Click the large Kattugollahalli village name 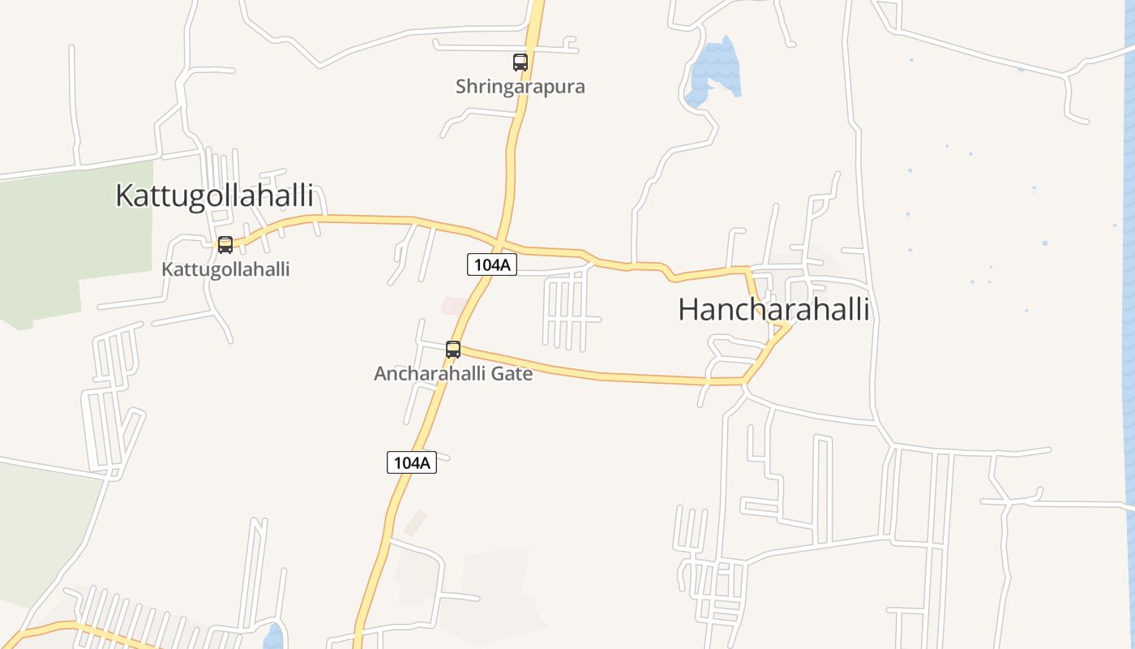tap(214, 196)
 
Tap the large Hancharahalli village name tap(773, 309)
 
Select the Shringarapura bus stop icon tap(520, 62)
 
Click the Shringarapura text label tap(520, 86)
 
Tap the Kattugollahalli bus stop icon tap(225, 244)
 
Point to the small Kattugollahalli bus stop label tap(225, 269)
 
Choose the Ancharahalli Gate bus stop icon tap(453, 350)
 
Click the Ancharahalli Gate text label tap(452, 374)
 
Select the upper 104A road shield tap(492, 264)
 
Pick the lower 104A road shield tap(412, 462)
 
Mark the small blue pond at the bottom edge tap(274, 636)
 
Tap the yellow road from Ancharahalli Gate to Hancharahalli tap(600, 374)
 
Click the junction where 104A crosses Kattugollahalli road tap(498, 245)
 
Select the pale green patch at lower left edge tap(41, 527)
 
